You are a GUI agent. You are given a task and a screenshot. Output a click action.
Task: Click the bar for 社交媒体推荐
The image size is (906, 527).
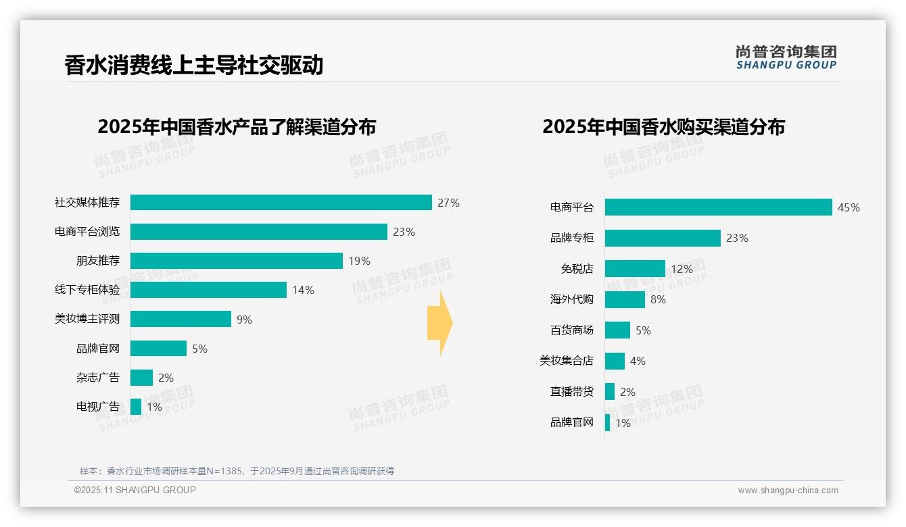(281, 203)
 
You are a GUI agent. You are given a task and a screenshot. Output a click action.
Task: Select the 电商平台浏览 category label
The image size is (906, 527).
(87, 232)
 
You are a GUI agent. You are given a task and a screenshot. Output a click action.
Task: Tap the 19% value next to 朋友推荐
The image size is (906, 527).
(360, 261)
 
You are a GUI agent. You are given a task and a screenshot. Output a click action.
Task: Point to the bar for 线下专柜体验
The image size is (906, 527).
(208, 290)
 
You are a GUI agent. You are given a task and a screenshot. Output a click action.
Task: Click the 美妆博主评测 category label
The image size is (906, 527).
(87, 319)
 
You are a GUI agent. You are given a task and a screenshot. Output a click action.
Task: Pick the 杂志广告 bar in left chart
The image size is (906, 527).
(141, 378)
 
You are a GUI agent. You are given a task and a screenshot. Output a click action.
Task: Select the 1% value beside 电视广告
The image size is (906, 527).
(154, 407)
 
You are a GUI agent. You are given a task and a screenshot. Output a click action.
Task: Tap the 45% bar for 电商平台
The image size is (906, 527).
(718, 207)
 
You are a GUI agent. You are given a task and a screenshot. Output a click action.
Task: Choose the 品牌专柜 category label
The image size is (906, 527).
(571, 238)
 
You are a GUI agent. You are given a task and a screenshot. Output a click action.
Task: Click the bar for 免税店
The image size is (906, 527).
(635, 269)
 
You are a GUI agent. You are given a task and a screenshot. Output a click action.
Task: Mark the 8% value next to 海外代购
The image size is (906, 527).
(658, 299)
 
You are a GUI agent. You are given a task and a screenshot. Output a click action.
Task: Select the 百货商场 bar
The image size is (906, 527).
(617, 330)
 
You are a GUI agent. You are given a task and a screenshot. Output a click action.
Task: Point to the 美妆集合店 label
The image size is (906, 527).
(566, 361)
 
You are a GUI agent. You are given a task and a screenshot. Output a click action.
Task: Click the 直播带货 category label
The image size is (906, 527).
(571, 392)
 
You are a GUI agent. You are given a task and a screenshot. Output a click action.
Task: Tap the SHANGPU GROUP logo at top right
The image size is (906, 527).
(786, 57)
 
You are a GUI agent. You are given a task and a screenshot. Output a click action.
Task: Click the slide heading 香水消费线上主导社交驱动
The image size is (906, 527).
(193, 65)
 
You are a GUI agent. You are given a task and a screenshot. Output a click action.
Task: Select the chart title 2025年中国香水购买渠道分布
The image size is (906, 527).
(663, 127)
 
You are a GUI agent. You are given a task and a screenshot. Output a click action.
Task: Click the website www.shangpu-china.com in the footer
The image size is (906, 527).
(788, 491)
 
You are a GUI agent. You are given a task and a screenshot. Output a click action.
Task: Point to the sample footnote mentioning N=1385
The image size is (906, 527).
(237, 471)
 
